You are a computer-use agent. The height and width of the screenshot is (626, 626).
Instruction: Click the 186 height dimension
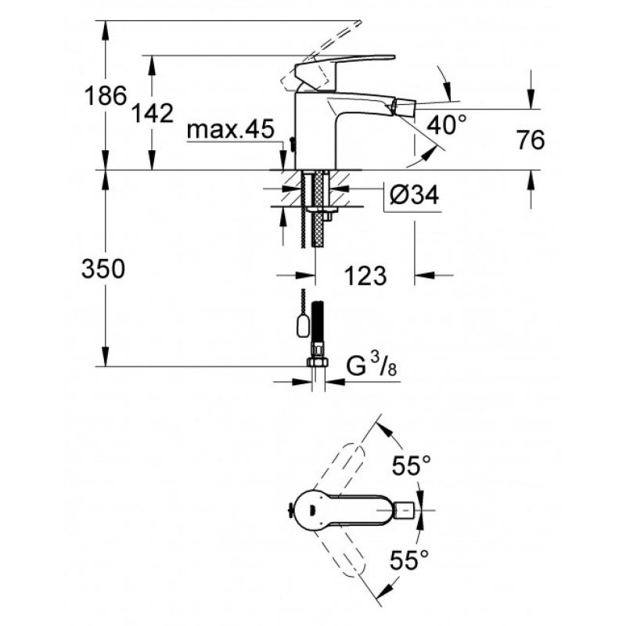pos(106,95)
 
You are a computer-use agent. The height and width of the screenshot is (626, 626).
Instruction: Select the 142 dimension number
pos(153,113)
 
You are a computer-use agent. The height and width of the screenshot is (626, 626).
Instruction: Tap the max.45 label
pos(231,128)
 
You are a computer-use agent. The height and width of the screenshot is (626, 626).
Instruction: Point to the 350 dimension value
pos(103,268)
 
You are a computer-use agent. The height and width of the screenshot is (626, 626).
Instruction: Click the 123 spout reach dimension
pos(365,275)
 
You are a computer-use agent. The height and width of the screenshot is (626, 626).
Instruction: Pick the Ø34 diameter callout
pos(414,195)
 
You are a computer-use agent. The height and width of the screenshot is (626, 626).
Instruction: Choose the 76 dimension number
pos(531,140)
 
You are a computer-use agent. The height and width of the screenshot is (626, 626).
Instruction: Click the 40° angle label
pos(447,124)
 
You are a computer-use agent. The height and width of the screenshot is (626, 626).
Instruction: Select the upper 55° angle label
pos(412,465)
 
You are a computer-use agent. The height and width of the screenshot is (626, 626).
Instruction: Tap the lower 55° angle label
pos(409,559)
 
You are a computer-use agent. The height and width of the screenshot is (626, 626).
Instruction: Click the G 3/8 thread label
pos(372,366)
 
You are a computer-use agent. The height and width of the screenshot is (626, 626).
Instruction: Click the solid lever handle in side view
pos(344,68)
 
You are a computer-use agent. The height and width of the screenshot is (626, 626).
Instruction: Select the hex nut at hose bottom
pos(318,362)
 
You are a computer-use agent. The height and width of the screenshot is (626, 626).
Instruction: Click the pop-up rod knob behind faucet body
pos(293,144)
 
